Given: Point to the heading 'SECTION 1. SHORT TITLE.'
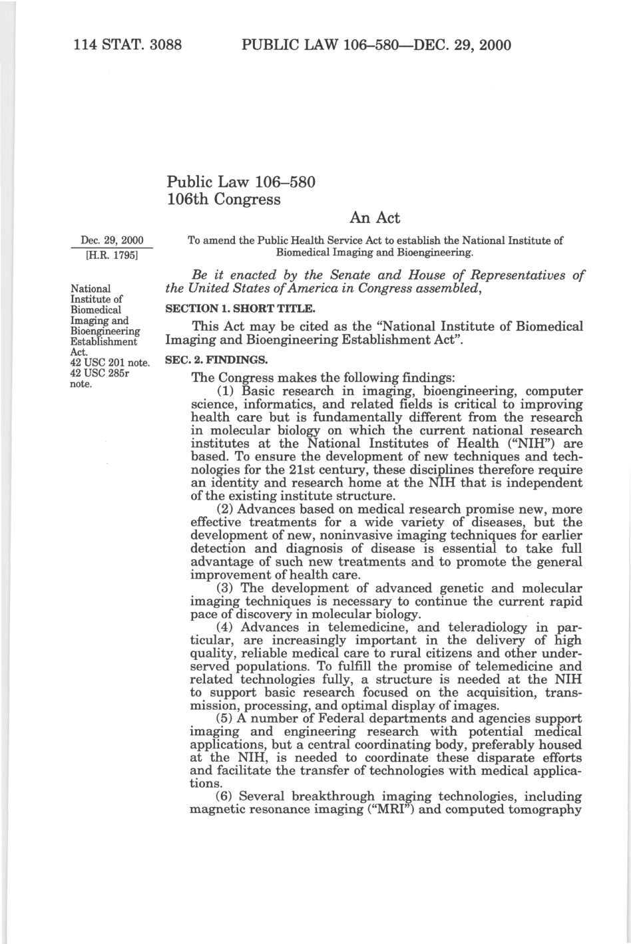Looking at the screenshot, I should [236, 309].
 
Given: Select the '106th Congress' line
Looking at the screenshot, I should [224, 199].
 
